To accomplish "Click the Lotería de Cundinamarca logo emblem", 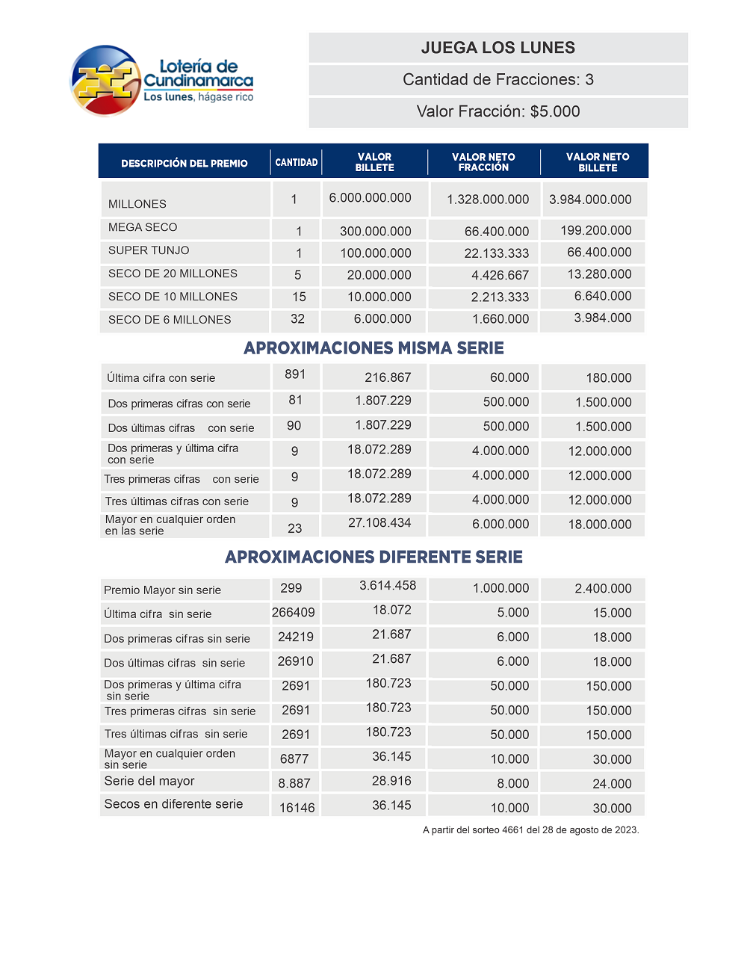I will [105, 81].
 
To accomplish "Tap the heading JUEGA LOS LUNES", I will [498, 48].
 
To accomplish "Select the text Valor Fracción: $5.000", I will [498, 111].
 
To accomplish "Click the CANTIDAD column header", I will [297, 162].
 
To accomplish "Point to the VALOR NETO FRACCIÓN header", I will [483, 162].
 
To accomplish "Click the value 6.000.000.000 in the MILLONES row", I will [371, 198].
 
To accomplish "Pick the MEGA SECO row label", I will [143, 227].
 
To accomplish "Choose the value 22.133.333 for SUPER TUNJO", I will [496, 253].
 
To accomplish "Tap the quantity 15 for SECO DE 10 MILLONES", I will [299, 297].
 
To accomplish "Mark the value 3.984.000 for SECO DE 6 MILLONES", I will [603, 318].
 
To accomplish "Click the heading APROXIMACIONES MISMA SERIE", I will [373, 348].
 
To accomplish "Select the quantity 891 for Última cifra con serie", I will [295, 374].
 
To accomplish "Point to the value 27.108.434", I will [379, 523].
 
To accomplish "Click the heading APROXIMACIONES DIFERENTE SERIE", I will [373, 557].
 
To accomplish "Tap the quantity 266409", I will [294, 613].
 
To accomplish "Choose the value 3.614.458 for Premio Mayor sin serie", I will [388, 586].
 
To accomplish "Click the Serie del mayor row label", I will [149, 781].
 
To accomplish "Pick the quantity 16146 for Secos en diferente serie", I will [297, 808].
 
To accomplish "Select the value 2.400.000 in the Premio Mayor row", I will [603, 589].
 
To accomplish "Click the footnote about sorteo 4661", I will [530, 830].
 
